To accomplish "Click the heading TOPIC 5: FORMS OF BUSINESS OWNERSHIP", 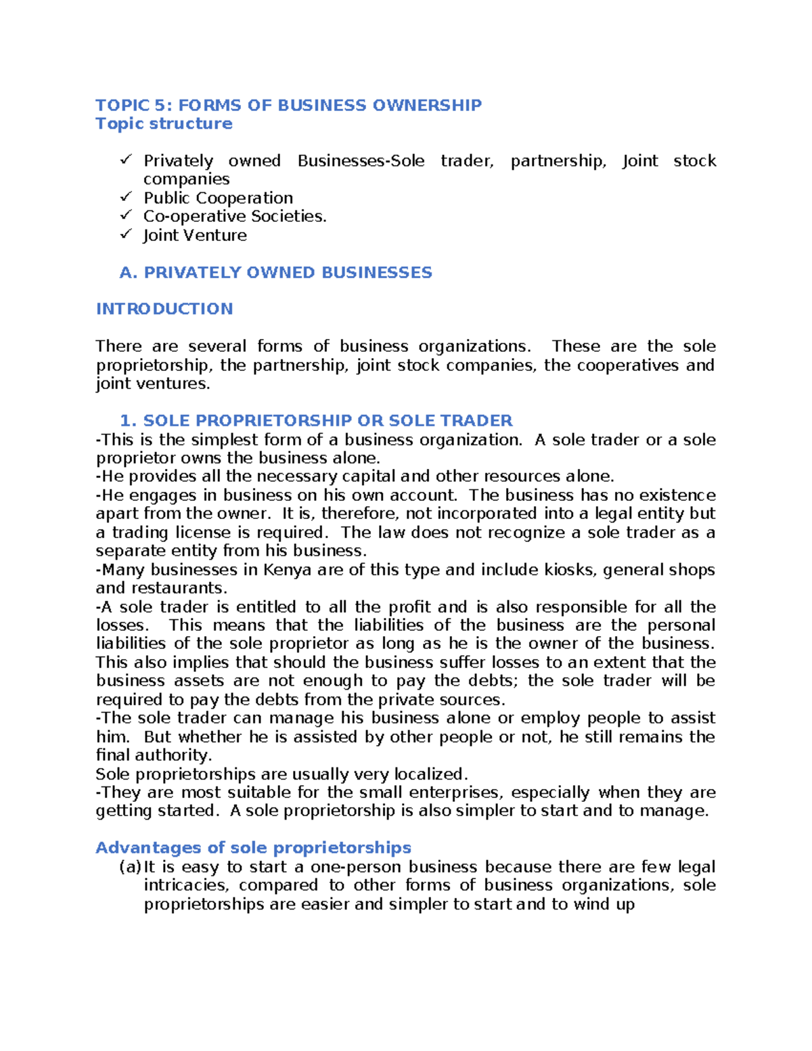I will tap(288, 105).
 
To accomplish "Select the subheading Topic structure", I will tap(164, 123).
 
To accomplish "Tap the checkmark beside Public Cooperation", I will tap(126, 197).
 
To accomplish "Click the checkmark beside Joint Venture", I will tap(126, 234).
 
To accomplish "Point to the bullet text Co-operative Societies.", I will tap(235, 216).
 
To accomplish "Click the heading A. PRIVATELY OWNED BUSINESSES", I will tap(275, 272).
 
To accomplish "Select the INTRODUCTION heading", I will tap(164, 309).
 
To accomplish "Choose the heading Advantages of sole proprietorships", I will tap(253, 847).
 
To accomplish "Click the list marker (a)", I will tap(131, 867).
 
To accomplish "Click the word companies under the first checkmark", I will tap(186, 179).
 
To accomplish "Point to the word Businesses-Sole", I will tap(361, 160).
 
